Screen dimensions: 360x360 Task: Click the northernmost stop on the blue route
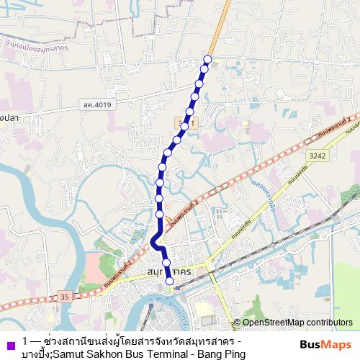pyautogui.click(x=209, y=59)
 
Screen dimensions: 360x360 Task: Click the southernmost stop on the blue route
pyautogui.click(x=170, y=282)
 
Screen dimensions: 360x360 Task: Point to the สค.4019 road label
pyautogui.click(x=96, y=106)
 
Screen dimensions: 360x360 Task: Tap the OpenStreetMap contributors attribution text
pyautogui.click(x=292, y=323)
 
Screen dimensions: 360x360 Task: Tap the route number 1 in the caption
pyautogui.click(x=25, y=341)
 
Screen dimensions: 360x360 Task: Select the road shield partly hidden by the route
pyautogui.click(x=189, y=125)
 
